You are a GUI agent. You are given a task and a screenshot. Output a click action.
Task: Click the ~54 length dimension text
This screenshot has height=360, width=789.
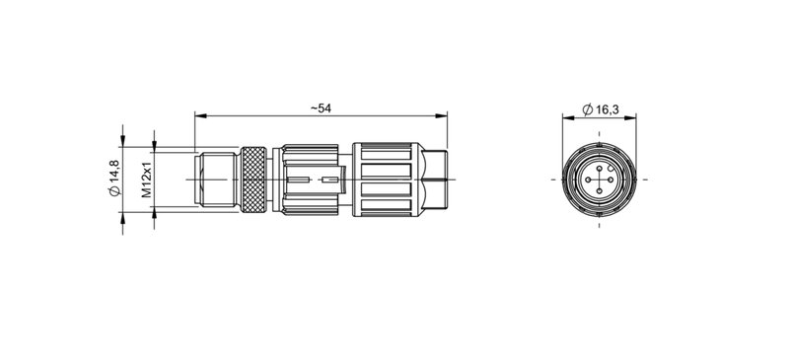tap(320, 108)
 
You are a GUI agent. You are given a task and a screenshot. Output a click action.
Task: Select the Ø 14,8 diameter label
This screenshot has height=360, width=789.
tap(115, 179)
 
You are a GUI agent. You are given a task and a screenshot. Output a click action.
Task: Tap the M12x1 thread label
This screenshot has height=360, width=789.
tap(146, 180)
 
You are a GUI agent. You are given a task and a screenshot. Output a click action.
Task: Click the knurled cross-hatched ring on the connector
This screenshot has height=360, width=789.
tap(255, 180)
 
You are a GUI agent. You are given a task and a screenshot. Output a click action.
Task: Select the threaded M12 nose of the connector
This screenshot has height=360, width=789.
tap(217, 180)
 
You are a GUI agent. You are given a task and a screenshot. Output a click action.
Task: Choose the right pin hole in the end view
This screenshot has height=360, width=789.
tap(610, 180)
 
